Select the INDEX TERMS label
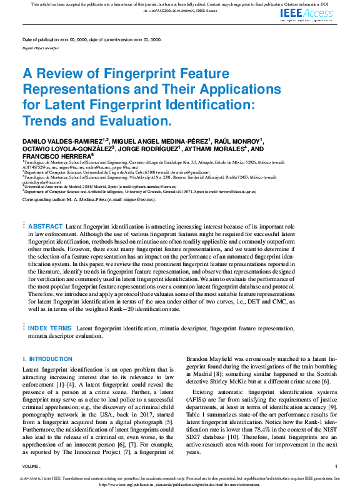(51, 328)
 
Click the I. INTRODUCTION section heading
(47, 359)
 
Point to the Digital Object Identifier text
(41, 47)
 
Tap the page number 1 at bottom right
(336, 467)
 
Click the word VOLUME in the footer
(31, 467)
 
